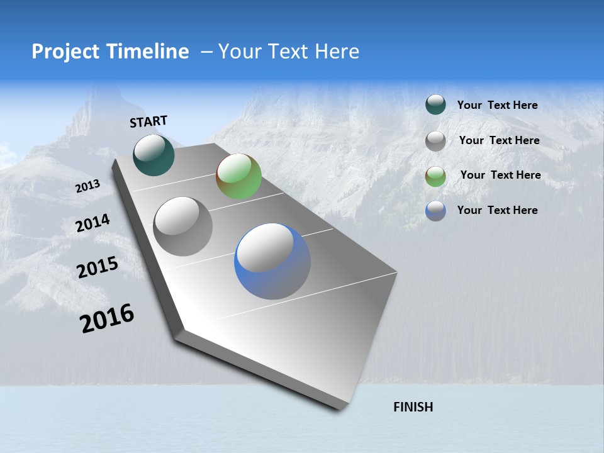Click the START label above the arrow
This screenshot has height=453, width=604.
click(148, 121)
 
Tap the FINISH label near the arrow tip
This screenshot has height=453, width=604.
click(413, 407)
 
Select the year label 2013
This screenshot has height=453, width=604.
click(87, 186)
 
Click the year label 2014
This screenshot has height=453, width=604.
click(92, 223)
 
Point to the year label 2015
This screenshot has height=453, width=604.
click(98, 267)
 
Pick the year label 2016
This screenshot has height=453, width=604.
click(107, 318)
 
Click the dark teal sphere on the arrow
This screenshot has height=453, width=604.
click(154, 155)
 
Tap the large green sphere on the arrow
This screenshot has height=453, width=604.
click(238, 176)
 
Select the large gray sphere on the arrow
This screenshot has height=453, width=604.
click(183, 226)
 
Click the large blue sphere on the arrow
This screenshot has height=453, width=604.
click(272, 261)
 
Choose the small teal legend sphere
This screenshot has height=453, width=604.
click(435, 105)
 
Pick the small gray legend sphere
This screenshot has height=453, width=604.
click(435, 141)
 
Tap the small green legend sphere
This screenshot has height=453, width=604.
click(435, 176)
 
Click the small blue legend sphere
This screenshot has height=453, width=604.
click(435, 211)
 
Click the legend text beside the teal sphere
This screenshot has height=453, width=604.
click(497, 105)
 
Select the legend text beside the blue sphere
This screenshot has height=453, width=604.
click(497, 210)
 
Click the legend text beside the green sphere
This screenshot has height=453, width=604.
click(500, 175)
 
